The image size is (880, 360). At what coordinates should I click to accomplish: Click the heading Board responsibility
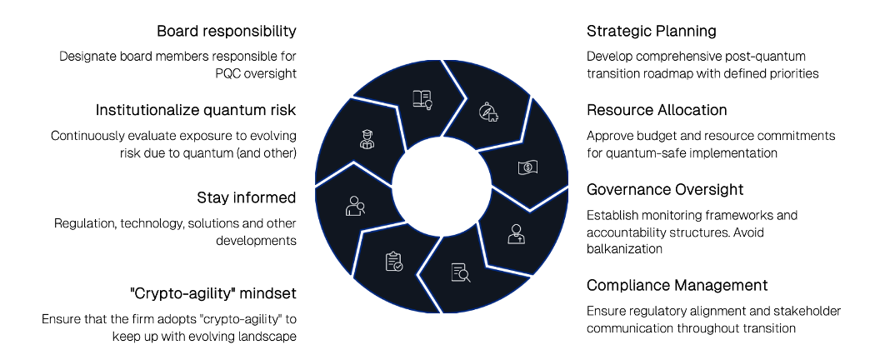pyautogui.click(x=226, y=32)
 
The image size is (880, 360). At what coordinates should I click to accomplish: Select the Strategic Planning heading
pyautogui.click(x=651, y=32)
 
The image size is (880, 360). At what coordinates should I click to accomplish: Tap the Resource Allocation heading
pyautogui.click(x=657, y=110)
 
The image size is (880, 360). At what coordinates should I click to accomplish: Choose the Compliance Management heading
pyautogui.click(x=677, y=285)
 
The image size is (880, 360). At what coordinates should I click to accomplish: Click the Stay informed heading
pyautogui.click(x=246, y=197)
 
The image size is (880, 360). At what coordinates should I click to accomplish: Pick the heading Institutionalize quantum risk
pyautogui.click(x=196, y=110)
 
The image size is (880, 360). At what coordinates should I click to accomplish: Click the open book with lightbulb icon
pyautogui.click(x=422, y=100)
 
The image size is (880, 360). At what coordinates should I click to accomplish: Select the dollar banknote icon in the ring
pyautogui.click(x=527, y=167)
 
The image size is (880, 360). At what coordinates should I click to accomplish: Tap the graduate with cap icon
pyautogui.click(x=367, y=139)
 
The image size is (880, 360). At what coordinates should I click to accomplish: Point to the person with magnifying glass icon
pyautogui.click(x=355, y=205)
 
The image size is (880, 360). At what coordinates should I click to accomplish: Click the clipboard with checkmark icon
pyautogui.click(x=393, y=262)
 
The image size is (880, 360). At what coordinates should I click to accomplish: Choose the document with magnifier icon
pyautogui.click(x=461, y=272)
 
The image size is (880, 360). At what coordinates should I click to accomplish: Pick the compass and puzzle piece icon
pyautogui.click(x=488, y=112)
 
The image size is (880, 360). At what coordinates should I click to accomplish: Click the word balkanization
pyautogui.click(x=624, y=248)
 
